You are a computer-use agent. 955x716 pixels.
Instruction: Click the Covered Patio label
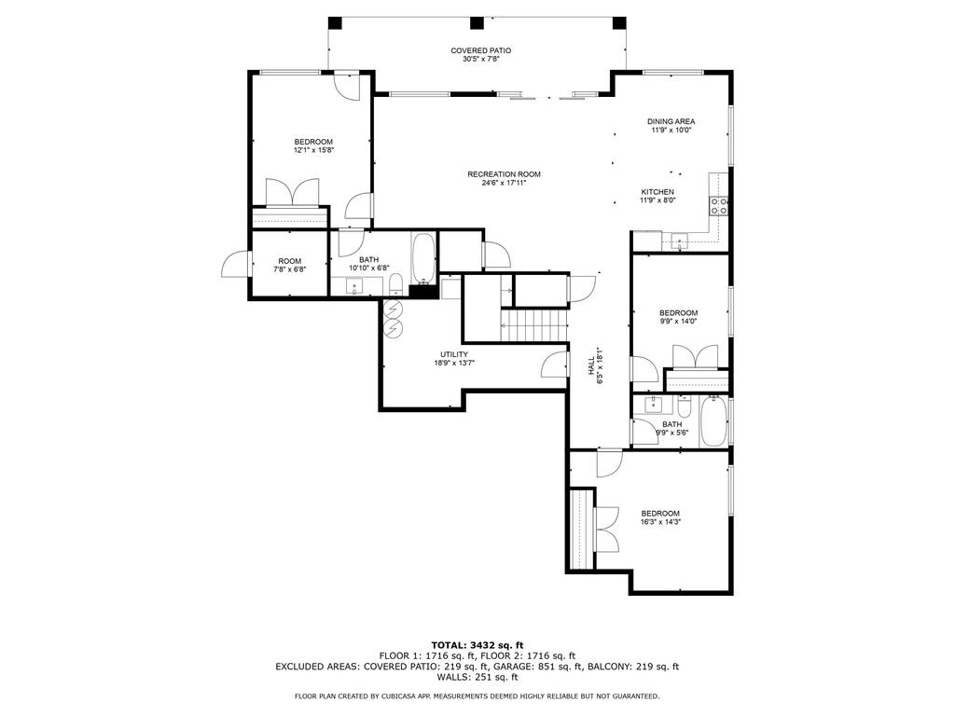[480, 50]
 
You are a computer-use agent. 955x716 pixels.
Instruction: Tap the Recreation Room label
[504, 174]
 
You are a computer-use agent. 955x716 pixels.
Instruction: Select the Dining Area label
[671, 121]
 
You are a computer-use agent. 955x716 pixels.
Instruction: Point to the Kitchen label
[657, 192]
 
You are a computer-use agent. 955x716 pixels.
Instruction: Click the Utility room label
[454, 354]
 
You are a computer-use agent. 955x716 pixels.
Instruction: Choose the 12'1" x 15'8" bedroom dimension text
[313, 150]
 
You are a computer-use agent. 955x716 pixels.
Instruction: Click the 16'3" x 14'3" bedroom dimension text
[659, 522]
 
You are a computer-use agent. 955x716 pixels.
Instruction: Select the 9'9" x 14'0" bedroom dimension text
[678, 322]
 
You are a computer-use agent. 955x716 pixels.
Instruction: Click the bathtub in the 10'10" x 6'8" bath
[422, 260]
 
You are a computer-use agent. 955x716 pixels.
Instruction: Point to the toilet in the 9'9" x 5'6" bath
[685, 407]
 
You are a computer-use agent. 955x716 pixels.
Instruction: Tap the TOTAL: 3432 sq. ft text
[477, 645]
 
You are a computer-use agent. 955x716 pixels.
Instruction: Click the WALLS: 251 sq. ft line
[477, 677]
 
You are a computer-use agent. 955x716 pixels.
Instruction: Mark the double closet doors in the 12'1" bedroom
[294, 193]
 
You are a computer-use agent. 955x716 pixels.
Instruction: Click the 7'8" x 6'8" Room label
[289, 261]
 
